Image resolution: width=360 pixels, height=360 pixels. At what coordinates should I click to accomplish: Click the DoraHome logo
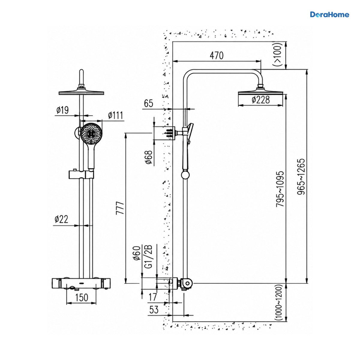(329, 15)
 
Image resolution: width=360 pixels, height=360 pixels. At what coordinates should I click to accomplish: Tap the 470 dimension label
(217, 55)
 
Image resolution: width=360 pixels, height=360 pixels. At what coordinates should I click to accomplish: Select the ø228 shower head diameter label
(261, 100)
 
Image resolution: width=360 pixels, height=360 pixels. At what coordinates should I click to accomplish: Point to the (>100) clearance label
(277, 54)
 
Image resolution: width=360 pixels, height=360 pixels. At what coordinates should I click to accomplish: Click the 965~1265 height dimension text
(301, 176)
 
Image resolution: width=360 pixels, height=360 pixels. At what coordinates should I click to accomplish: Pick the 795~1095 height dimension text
(280, 189)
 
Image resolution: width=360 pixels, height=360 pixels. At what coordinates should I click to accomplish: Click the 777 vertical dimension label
(120, 208)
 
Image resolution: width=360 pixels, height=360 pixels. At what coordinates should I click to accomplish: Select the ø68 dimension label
(149, 157)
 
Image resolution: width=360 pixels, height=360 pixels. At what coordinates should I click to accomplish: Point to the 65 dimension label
(148, 103)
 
